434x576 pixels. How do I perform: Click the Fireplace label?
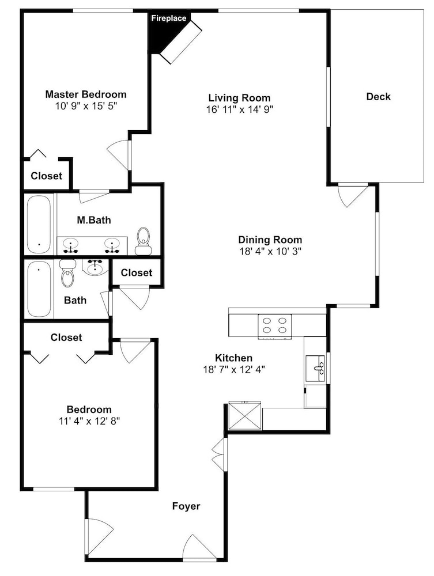[x=169, y=18]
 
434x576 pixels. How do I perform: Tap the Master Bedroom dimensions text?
[x=86, y=106]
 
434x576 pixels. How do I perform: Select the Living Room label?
[x=239, y=98]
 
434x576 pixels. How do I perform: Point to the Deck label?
[x=378, y=97]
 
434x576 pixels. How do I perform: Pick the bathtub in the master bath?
[x=39, y=224]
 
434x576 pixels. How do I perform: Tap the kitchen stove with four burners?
[x=274, y=326]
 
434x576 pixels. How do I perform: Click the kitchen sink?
[x=316, y=369]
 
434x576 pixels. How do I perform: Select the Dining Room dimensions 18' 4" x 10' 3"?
[x=270, y=251]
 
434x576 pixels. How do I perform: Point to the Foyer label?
[x=186, y=506]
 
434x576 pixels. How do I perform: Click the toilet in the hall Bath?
[x=67, y=273]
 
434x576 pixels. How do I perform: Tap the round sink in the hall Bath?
[x=95, y=267]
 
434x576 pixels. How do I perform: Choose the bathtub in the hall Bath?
[x=39, y=289]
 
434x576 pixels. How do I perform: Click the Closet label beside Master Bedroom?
[x=46, y=176]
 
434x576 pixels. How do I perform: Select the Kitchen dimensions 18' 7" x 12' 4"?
[x=234, y=369]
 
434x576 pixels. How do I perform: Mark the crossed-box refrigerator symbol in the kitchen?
[x=244, y=415]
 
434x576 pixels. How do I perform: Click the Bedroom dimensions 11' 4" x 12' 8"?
[x=89, y=420]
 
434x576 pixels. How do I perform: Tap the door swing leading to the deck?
[x=353, y=195]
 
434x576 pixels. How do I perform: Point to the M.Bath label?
[x=94, y=220]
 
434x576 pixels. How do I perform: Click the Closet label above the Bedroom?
[x=66, y=337]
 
